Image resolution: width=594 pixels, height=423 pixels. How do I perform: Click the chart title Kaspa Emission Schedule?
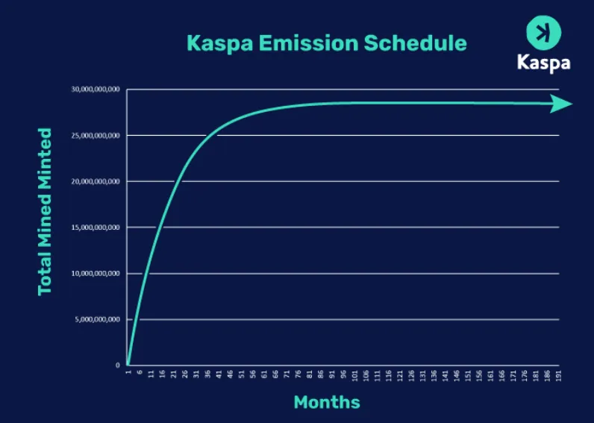click(x=326, y=43)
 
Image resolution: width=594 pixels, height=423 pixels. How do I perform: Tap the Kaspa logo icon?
click(x=543, y=33)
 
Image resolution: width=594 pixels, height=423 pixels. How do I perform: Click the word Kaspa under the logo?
click(x=543, y=62)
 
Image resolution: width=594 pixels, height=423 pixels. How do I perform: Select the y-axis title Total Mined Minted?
click(x=46, y=211)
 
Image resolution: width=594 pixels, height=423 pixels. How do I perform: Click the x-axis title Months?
click(x=326, y=402)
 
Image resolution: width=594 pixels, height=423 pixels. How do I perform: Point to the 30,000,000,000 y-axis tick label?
click(x=96, y=90)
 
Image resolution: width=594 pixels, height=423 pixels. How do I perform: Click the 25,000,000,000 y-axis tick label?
click(x=96, y=136)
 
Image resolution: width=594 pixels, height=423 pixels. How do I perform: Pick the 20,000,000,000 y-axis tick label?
click(x=96, y=181)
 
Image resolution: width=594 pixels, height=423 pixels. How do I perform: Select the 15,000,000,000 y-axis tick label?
click(x=96, y=228)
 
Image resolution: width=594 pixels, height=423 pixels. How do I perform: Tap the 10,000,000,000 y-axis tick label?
click(x=96, y=274)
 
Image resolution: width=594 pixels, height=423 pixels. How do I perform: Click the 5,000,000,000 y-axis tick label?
click(x=97, y=319)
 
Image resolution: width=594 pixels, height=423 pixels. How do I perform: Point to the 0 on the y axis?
click(x=117, y=366)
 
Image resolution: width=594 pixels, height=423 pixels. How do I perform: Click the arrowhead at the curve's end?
click(x=561, y=104)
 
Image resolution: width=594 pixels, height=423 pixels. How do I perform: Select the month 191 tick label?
click(x=558, y=375)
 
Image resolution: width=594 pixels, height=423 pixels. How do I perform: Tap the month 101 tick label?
click(x=354, y=375)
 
